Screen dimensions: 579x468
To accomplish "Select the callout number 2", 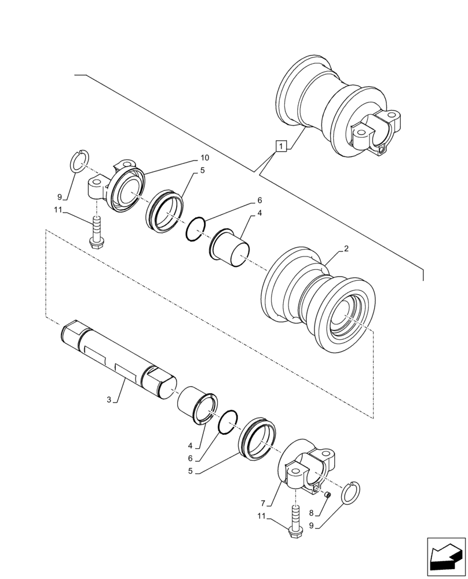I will (346, 249).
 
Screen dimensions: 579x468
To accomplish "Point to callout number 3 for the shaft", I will (109, 399).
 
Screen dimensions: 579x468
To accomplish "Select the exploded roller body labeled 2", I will (319, 301).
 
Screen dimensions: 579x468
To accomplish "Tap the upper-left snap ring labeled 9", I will (80, 160).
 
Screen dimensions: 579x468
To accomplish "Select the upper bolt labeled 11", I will (95, 232).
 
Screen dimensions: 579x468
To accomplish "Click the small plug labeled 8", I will (327, 494).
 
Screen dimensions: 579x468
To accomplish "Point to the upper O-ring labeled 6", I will (195, 230).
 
